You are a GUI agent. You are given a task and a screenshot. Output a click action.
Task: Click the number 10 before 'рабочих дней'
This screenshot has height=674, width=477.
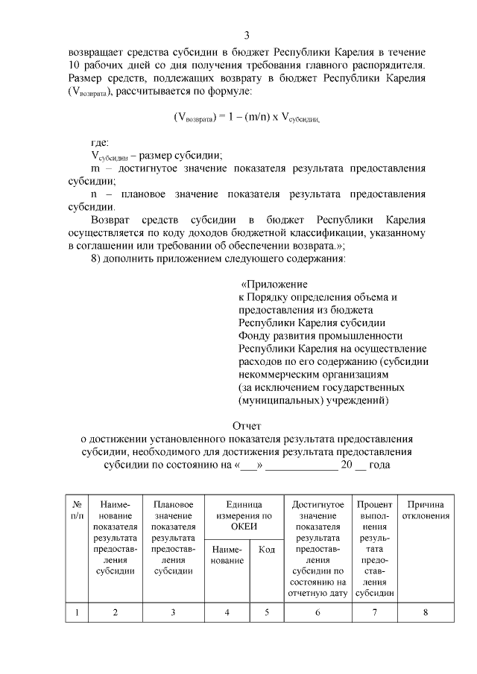75,65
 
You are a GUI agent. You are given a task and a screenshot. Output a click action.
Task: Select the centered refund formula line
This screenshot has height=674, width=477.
247,117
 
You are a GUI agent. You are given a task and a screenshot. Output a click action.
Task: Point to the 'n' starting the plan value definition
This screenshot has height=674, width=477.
94,194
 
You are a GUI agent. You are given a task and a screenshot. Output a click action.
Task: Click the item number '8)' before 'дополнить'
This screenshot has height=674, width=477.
95,258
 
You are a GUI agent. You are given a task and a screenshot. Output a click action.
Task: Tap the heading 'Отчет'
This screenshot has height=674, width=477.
247,426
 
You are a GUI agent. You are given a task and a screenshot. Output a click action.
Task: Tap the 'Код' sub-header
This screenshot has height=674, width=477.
266,550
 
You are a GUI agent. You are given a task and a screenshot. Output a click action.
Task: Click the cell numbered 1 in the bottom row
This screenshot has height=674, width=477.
77,612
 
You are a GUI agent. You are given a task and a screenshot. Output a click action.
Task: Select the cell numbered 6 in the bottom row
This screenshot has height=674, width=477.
318,612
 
